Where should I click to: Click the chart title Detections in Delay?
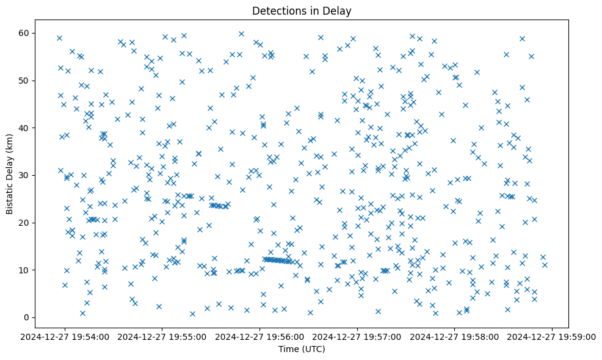click(302, 10)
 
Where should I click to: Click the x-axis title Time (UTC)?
click(302, 349)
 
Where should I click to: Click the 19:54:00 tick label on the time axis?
click(65, 336)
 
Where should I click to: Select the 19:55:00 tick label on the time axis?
click(163, 336)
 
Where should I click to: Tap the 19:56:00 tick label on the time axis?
click(260, 336)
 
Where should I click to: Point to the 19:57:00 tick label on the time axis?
click(358, 336)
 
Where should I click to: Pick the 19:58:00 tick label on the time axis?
click(455, 336)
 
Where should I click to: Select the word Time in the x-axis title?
click(289, 349)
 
